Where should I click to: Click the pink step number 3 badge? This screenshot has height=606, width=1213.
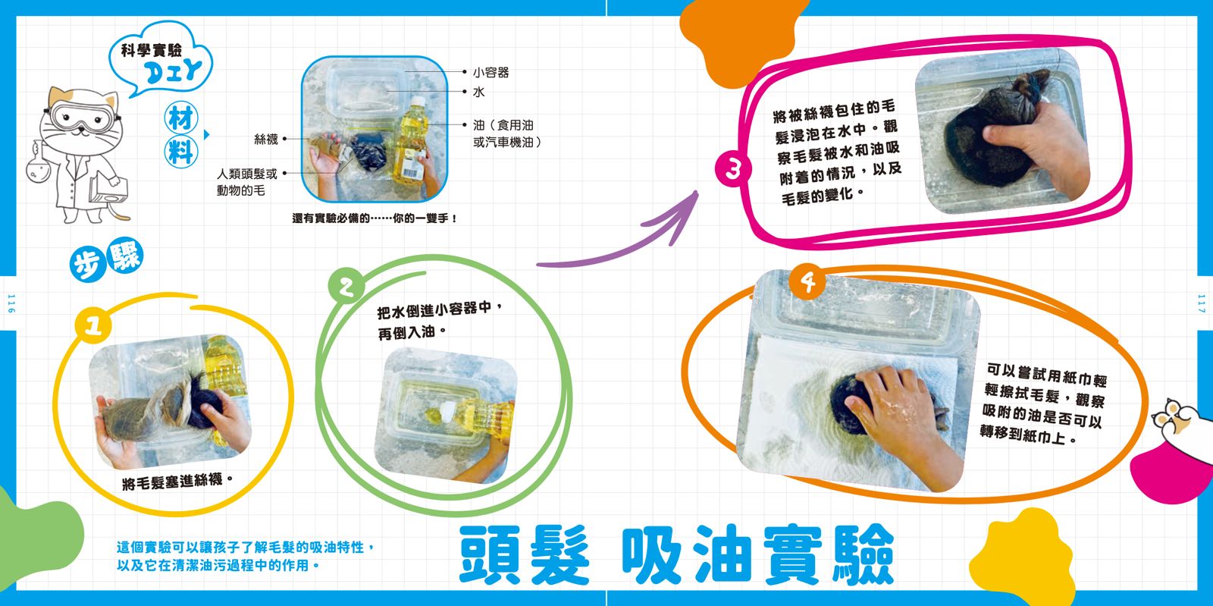[732, 169]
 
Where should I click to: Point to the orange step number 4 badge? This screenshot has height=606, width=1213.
[807, 282]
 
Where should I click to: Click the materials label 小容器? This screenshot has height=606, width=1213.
[491, 72]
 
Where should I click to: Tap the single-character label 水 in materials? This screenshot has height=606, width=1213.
[478, 92]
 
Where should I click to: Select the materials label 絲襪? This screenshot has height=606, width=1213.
[266, 140]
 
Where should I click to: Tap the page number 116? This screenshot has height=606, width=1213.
[11, 303]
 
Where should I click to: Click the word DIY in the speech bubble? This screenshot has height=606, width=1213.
[173, 71]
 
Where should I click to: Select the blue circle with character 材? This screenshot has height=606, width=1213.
[181, 118]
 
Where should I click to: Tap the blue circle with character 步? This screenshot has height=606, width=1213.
[87, 265]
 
